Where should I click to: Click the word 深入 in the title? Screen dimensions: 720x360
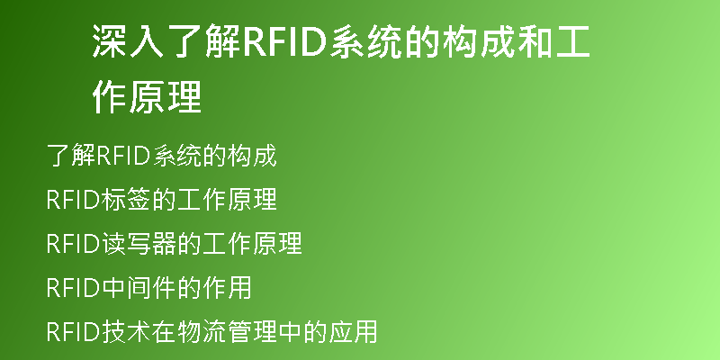pyautogui.click(x=128, y=41)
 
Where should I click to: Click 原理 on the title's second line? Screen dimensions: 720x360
pyautogui.click(x=166, y=96)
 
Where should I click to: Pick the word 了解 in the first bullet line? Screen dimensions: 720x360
pyautogui.click(x=71, y=156)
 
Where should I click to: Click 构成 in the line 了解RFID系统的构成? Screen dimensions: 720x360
pyautogui.click(x=252, y=156)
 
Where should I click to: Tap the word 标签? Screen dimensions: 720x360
pyautogui.click(x=126, y=200)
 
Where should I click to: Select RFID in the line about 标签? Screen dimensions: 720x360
pyautogui.click(x=74, y=200)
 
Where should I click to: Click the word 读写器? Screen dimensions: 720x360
pyautogui.click(x=139, y=244)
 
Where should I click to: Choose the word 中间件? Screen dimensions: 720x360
pyautogui.click(x=139, y=288)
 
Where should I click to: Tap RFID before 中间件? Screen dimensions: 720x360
pyautogui.click(x=74, y=288)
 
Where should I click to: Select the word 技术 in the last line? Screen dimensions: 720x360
pyautogui.click(x=126, y=332)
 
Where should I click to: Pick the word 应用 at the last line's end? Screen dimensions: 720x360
pyautogui.click(x=353, y=332)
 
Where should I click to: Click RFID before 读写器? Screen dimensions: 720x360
pyautogui.click(x=74, y=244)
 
